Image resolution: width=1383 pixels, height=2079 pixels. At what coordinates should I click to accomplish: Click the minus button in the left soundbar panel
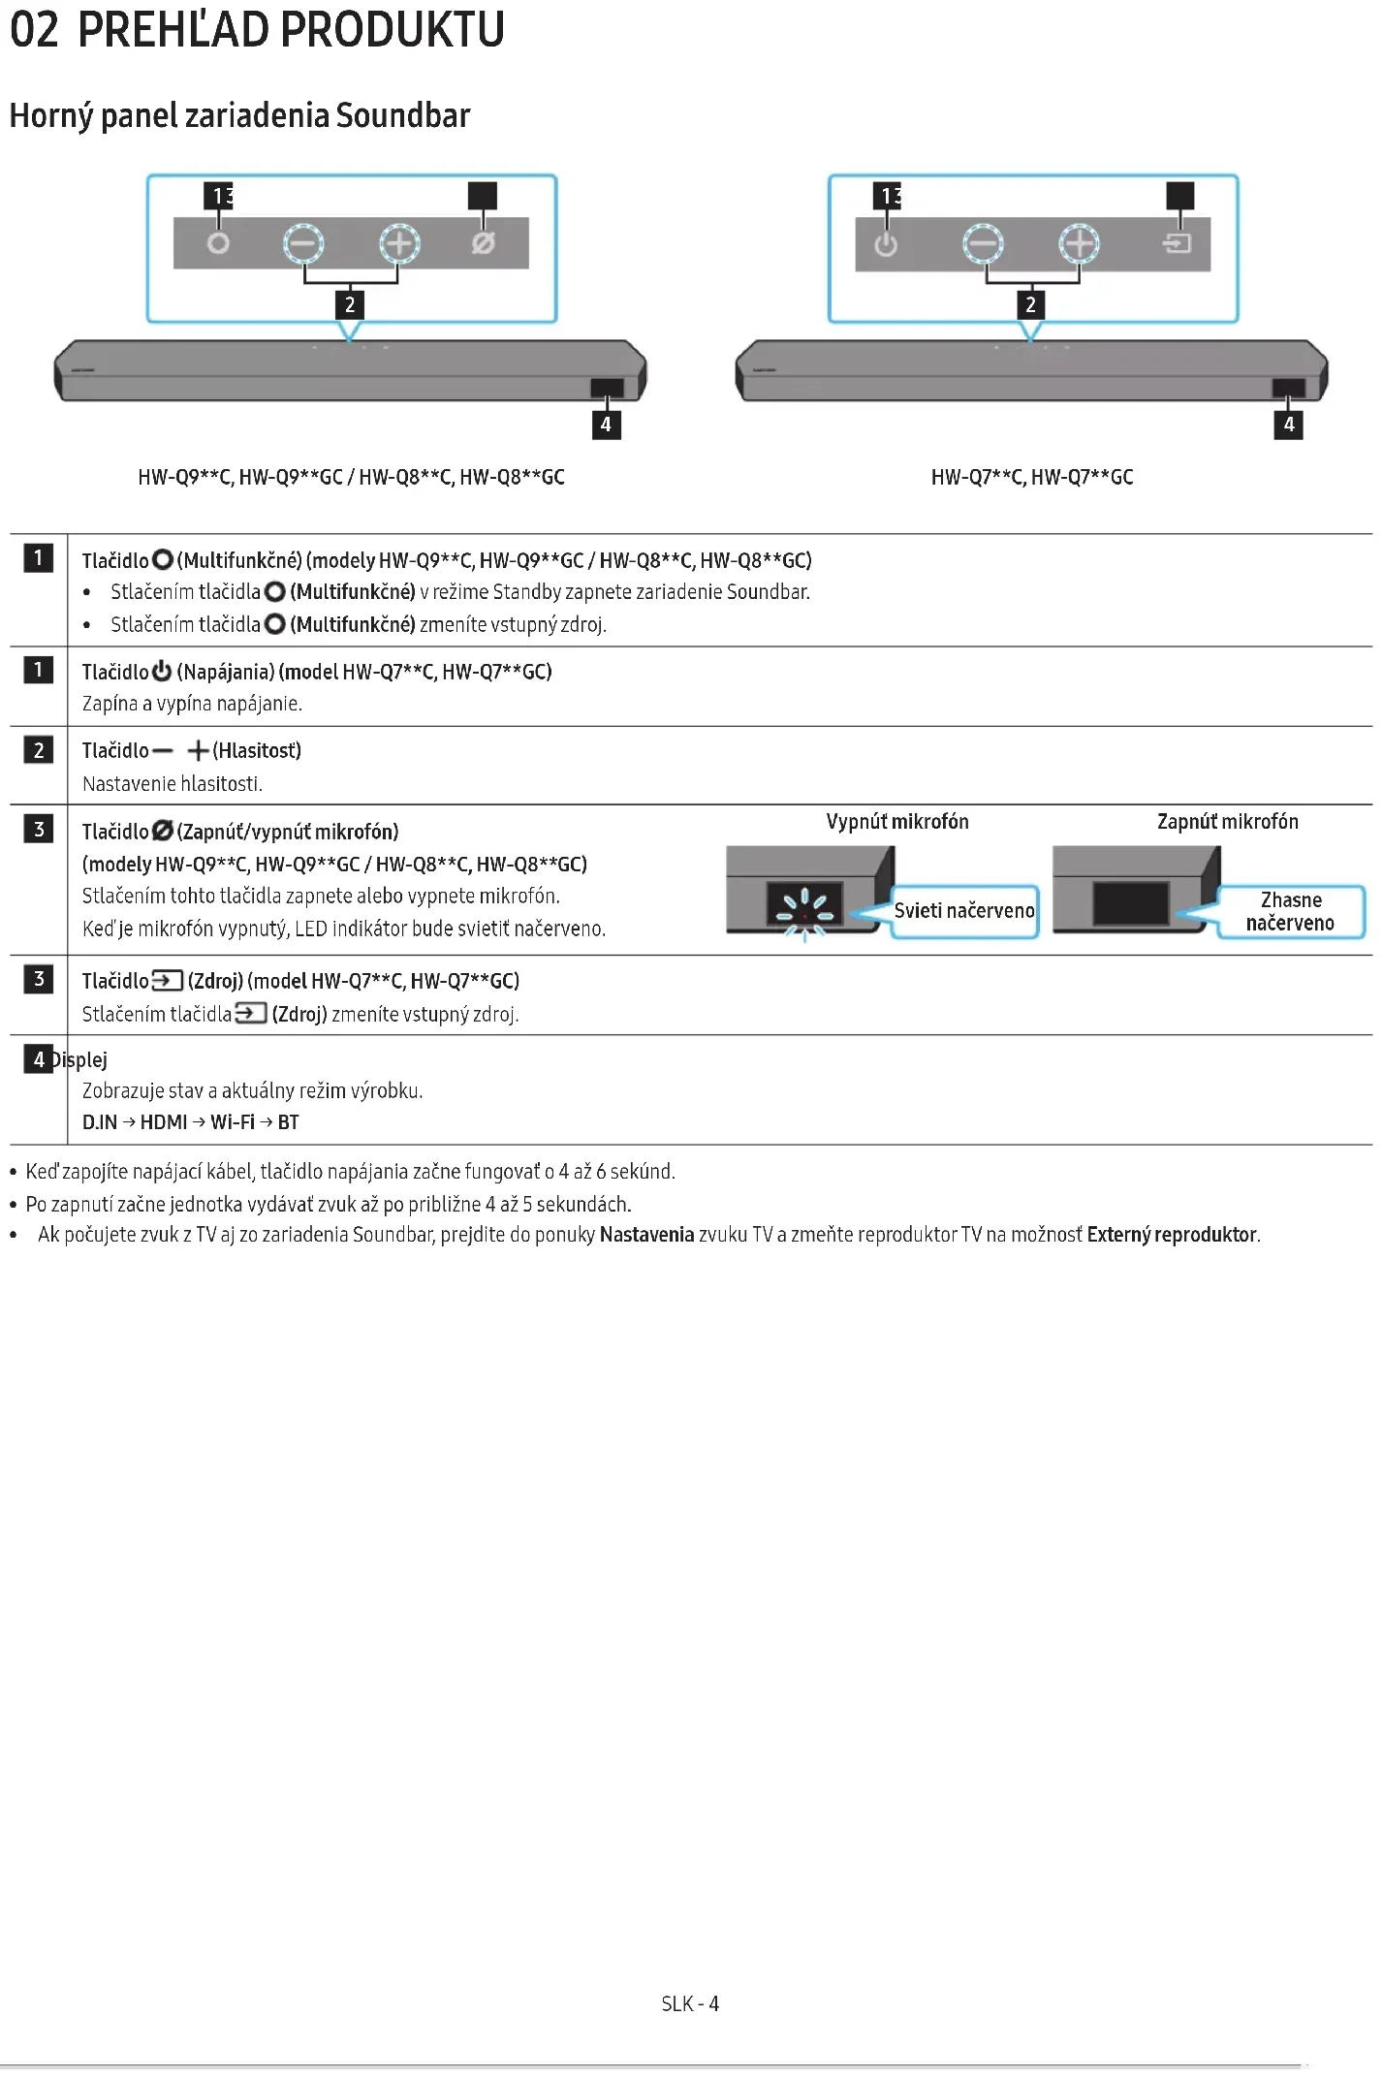tap(303, 243)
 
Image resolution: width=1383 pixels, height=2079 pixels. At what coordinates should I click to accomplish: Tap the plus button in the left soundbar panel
tap(399, 243)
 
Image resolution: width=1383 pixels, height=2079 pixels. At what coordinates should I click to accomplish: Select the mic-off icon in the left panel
tap(483, 243)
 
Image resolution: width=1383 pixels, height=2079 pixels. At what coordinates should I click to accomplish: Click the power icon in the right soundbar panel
tap(886, 244)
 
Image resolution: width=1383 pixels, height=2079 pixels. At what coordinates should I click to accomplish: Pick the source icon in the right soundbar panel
tap(1177, 243)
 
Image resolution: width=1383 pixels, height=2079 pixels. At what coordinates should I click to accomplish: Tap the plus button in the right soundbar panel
tap(1079, 243)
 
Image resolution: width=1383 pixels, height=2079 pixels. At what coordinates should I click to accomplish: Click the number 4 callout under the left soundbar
tap(606, 425)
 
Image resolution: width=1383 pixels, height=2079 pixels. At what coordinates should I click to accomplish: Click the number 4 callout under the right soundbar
tap(1288, 425)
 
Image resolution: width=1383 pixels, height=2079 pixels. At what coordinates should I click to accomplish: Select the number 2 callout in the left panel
tap(350, 305)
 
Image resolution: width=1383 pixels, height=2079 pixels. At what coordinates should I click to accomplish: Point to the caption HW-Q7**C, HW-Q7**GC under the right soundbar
tap(1031, 477)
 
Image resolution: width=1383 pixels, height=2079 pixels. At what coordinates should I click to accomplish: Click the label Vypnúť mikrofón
tap(897, 822)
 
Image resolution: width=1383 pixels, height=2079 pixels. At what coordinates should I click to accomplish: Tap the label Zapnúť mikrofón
tap(1227, 822)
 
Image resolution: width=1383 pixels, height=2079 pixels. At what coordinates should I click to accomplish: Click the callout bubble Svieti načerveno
tap(964, 910)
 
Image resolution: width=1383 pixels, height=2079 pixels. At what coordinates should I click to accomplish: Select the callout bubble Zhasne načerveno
tap(1290, 912)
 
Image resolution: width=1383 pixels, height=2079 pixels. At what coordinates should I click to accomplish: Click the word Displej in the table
tap(80, 1059)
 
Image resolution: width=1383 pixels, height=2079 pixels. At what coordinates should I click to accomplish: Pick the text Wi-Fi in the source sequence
tap(233, 1122)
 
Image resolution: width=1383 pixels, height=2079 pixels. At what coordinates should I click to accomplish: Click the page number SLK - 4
tap(690, 2003)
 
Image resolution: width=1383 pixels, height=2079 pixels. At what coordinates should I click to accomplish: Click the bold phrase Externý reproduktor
tap(1172, 1235)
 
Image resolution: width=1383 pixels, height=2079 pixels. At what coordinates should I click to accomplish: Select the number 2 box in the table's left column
tap(39, 750)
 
